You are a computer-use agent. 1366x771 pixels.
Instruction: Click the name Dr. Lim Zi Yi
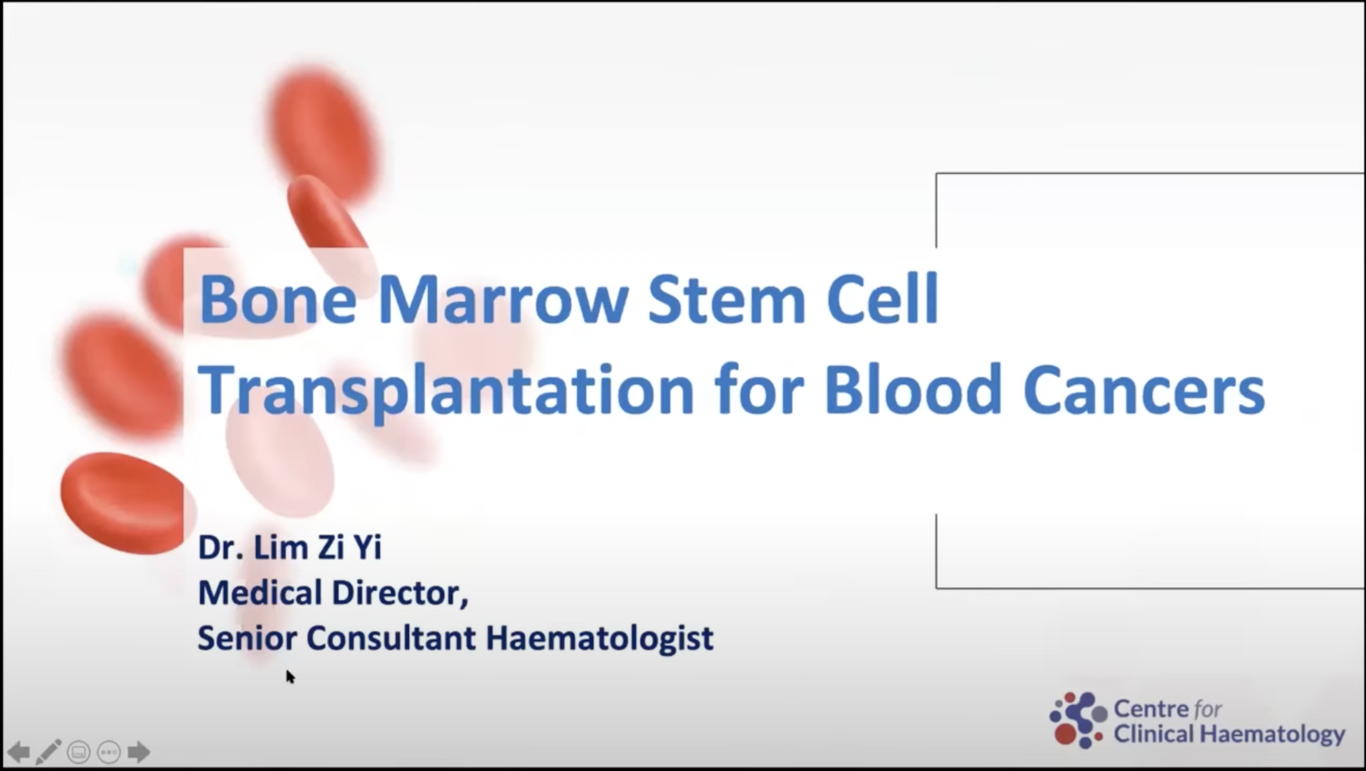[x=289, y=547]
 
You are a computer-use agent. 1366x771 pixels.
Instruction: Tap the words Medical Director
[x=333, y=593]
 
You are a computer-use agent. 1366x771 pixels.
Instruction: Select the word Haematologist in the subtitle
[x=599, y=638]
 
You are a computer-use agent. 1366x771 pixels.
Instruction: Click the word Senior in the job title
[x=247, y=638]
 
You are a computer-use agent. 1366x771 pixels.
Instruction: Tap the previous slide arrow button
[x=18, y=752]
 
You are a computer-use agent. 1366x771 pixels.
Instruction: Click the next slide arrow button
[x=139, y=752]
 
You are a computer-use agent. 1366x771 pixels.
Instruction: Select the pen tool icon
[x=48, y=752]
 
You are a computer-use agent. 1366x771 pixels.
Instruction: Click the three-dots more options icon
[x=109, y=752]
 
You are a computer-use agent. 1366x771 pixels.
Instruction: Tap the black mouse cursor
[x=290, y=676]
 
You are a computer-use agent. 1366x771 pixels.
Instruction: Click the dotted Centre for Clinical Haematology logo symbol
[x=1078, y=720]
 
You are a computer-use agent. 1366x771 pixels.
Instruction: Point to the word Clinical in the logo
[x=1153, y=733]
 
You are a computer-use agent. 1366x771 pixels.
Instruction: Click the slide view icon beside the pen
[x=79, y=752]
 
